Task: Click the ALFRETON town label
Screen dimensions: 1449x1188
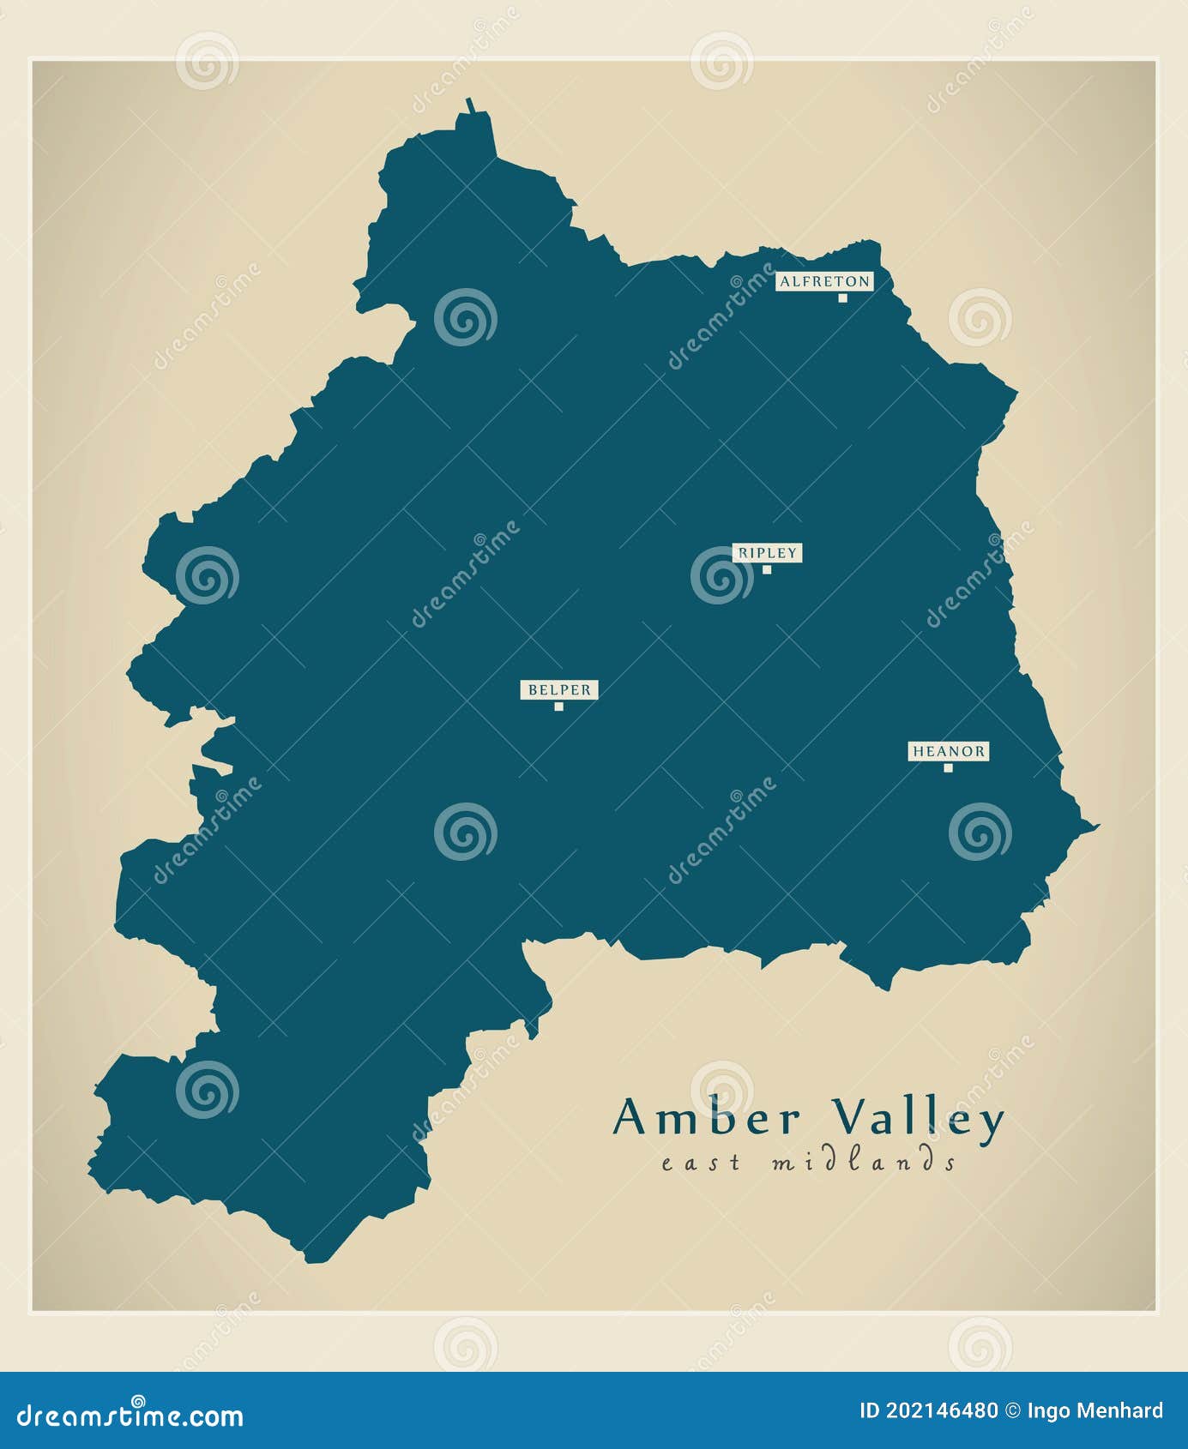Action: pos(824,281)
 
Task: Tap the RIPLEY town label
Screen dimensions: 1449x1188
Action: pos(767,553)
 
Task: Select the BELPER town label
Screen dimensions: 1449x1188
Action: pos(559,689)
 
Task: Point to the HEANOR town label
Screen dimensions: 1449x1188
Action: pos(949,751)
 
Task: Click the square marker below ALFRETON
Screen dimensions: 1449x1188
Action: pos(842,298)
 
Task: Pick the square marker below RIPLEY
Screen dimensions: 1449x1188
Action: pos(767,569)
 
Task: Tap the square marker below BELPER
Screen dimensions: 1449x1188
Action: pos(558,706)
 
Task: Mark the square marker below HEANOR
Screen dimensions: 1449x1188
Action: pos(948,767)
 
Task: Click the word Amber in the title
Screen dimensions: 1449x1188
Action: pos(707,1118)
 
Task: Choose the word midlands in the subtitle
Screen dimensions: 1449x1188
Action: pos(863,1162)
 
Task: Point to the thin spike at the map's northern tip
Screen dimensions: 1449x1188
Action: pos(470,105)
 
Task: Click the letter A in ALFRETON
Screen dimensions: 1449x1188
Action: pos(785,281)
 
